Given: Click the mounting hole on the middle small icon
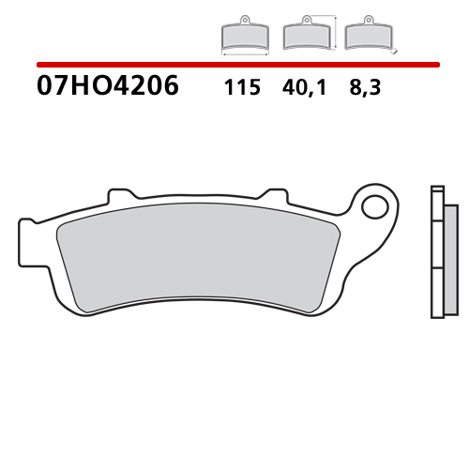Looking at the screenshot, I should pos(306,20).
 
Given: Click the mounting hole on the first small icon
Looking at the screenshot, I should pos(244,20).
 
